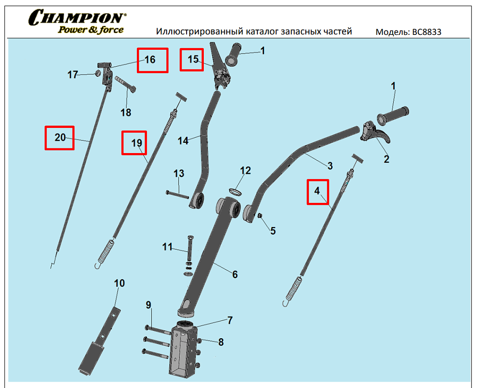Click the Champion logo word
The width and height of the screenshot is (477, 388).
77,19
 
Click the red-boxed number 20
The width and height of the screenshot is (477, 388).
59,138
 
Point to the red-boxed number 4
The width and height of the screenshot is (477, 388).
317,192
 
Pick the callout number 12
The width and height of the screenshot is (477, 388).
245,171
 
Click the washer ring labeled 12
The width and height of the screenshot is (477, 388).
235,191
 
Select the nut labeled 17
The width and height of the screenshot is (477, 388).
98,73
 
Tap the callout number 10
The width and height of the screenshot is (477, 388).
119,283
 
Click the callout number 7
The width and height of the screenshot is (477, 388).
230,320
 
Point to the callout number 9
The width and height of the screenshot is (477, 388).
148,305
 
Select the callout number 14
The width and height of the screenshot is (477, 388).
183,140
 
